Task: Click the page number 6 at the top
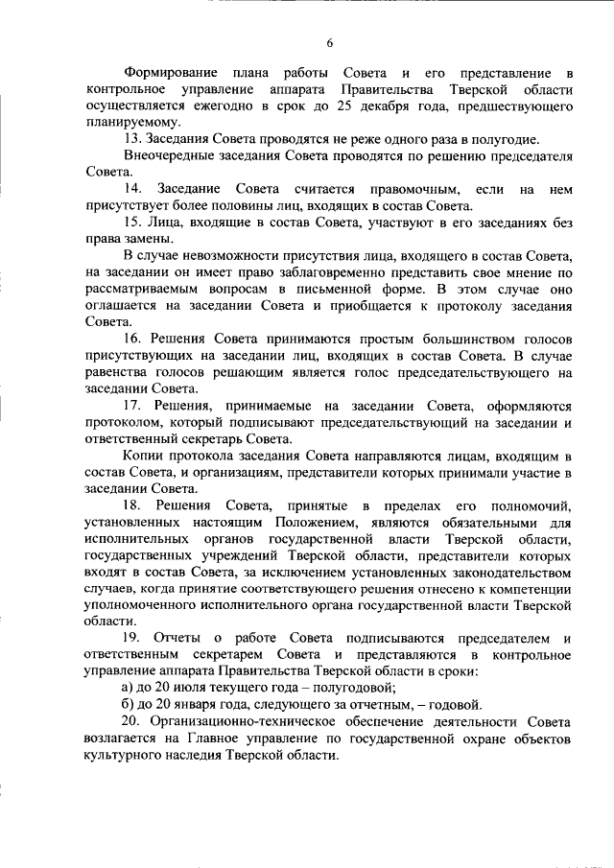click(x=328, y=43)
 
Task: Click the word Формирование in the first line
click(x=170, y=74)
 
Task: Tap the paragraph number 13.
click(x=133, y=139)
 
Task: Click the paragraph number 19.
click(x=133, y=638)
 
